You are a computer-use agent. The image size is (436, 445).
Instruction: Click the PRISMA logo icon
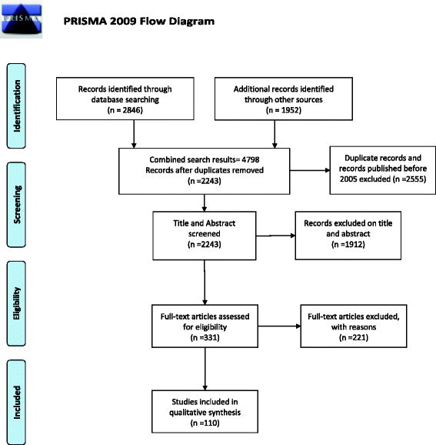pos(22,19)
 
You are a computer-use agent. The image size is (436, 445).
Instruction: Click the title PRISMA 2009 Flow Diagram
pos(139,22)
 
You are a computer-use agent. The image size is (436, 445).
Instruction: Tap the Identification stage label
pos(16,105)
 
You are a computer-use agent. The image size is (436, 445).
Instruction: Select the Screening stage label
pos(16,205)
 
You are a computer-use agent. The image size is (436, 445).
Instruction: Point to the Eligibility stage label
pos(16,303)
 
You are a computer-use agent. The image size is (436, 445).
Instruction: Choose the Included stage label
pos(16,402)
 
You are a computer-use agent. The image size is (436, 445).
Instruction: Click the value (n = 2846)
pos(125,110)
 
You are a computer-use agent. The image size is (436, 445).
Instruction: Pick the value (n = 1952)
pos(284,110)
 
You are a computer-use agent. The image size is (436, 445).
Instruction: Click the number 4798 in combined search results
pos(251,159)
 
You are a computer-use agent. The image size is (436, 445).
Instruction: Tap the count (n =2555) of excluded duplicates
pos(408,179)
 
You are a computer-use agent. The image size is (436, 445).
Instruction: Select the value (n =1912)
pos(348,244)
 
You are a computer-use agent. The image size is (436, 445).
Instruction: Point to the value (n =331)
pos(205,337)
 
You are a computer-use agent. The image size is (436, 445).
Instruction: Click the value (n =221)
pos(354,337)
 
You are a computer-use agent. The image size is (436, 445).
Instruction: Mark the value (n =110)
pos(205,423)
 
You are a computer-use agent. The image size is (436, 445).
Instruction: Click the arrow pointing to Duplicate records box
pos(310,170)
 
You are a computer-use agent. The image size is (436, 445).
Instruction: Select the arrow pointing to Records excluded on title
pos(275,236)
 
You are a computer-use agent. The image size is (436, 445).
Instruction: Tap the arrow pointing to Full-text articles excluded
pos(279,326)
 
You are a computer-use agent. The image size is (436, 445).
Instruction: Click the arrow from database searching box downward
pos(134,134)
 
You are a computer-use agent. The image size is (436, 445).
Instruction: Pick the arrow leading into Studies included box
pos(205,369)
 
